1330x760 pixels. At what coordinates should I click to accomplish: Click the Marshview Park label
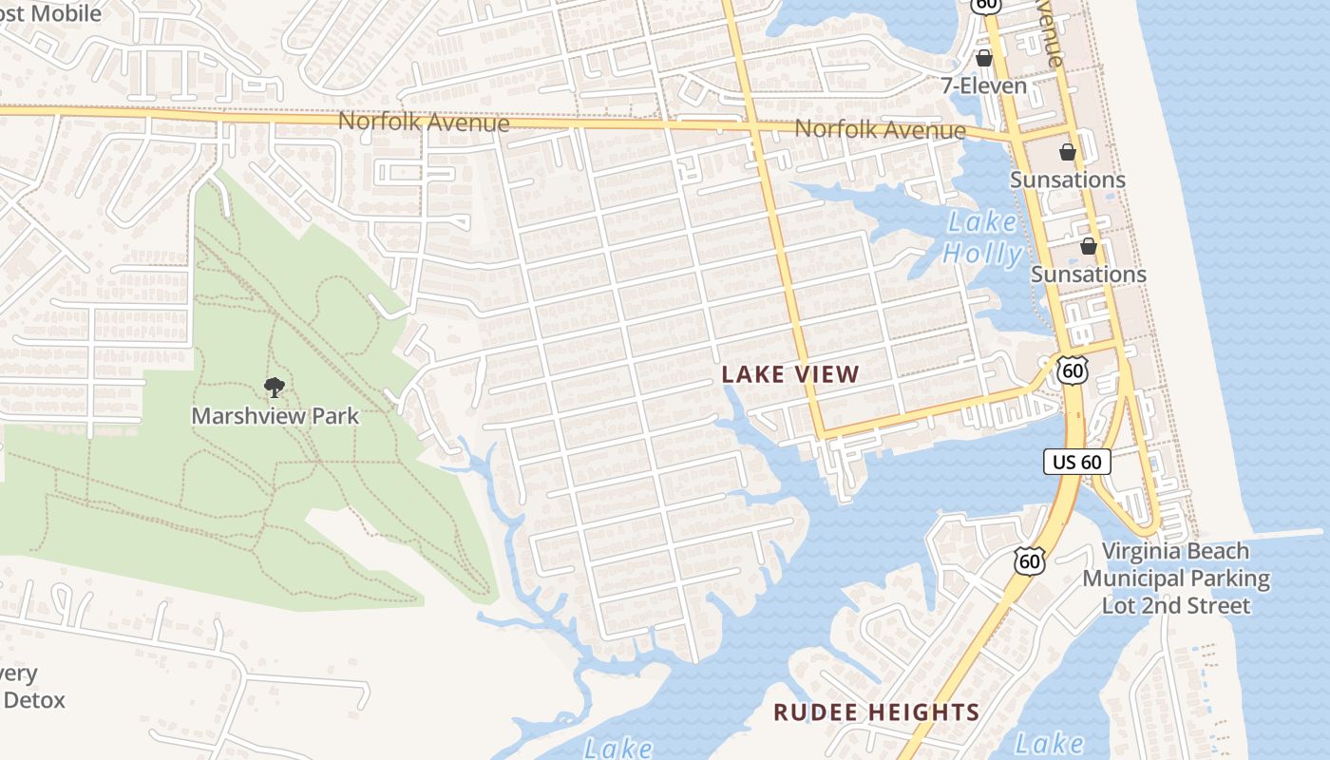275,415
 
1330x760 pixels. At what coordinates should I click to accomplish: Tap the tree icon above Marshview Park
275,387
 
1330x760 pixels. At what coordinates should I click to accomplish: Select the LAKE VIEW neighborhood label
790,374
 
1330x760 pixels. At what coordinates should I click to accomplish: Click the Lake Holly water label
983,237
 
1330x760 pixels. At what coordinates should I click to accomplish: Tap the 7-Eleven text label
984,85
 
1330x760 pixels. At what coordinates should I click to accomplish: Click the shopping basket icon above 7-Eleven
984,58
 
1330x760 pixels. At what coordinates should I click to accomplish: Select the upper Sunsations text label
1067,180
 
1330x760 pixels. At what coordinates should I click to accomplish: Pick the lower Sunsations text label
1089,274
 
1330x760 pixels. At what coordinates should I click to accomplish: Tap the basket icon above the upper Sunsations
1068,152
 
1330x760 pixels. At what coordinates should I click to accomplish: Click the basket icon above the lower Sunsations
1089,247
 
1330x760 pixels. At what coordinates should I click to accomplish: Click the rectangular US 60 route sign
1078,463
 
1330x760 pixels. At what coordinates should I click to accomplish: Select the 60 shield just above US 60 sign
1073,370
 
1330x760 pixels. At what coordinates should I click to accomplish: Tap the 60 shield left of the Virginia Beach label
1029,560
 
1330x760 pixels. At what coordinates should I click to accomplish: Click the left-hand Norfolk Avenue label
424,122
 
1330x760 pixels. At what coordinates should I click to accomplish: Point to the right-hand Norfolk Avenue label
880,129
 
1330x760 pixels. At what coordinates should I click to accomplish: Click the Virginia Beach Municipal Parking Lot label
1176,578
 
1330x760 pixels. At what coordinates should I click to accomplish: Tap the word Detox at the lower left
35,701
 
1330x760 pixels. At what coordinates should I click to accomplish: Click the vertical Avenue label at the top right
1052,33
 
